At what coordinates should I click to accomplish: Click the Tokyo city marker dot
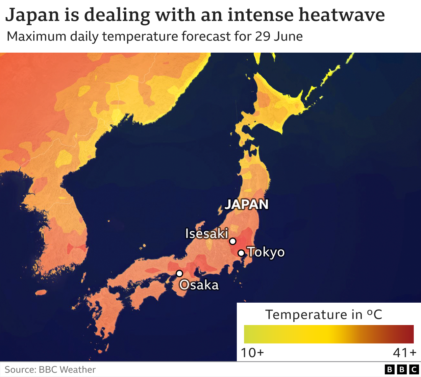click(241, 253)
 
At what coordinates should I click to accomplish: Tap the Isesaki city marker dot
click(233, 241)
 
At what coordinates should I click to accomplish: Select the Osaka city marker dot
click(179, 273)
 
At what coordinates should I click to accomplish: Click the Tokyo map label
click(266, 252)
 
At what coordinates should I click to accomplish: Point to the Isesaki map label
click(207, 234)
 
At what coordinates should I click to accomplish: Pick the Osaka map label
click(199, 285)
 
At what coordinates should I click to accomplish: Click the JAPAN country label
click(246, 205)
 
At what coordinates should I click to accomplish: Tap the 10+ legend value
click(252, 353)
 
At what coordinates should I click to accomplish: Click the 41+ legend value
click(405, 353)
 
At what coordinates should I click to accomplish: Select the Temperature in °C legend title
click(324, 314)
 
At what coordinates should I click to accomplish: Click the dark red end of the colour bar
click(408, 334)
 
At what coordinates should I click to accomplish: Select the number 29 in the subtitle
click(262, 36)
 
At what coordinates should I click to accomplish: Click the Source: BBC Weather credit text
click(50, 370)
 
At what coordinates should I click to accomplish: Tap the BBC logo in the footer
click(402, 370)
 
